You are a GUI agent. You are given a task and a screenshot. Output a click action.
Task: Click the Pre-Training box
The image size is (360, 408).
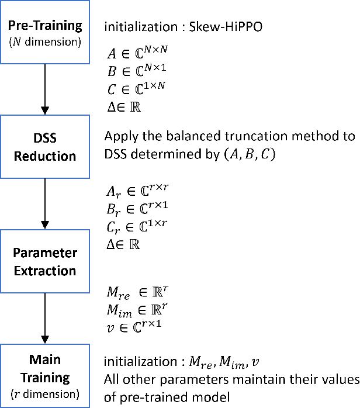coord(45,32)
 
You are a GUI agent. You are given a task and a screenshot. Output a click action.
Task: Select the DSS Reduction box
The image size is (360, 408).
coord(45,147)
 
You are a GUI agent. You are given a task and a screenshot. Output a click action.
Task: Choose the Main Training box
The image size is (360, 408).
coord(45,375)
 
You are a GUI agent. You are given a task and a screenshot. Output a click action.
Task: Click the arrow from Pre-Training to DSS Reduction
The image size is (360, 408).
coord(45,88)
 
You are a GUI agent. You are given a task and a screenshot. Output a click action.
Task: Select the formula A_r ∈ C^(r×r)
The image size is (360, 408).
coord(134,189)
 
